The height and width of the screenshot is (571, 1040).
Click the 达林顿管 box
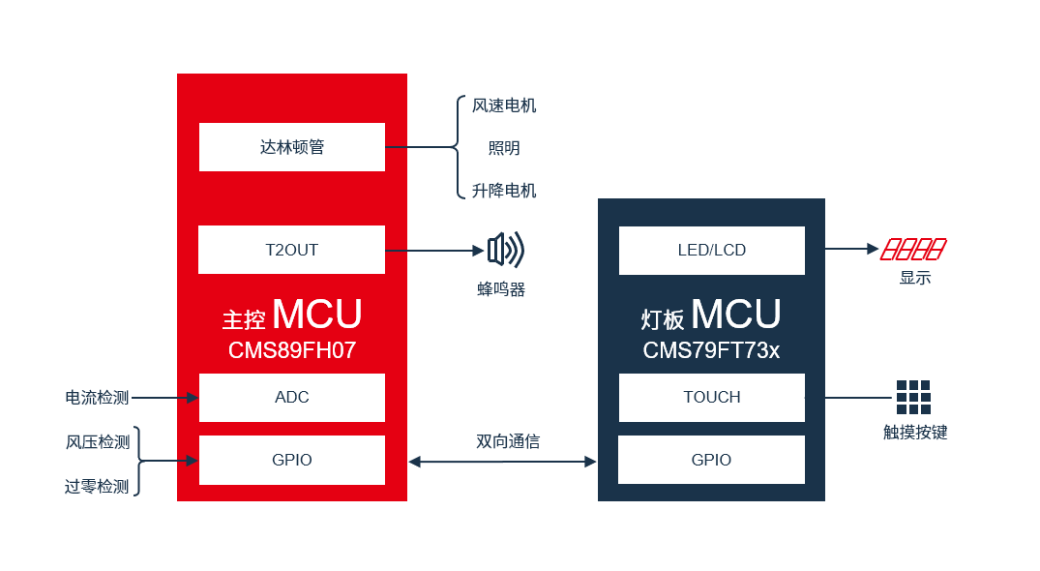point(292,147)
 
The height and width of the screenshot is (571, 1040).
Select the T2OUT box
point(292,250)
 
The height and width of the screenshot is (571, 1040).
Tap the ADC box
point(292,397)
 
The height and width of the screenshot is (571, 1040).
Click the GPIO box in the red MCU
point(292,461)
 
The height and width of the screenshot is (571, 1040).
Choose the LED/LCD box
point(712,251)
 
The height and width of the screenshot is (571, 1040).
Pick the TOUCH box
point(712,397)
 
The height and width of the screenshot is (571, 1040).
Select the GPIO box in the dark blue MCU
point(711,461)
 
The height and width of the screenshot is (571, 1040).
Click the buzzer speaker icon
point(506,250)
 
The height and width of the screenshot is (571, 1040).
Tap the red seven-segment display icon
point(913,250)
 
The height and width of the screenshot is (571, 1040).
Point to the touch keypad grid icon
point(913,397)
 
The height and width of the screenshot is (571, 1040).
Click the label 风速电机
point(504,105)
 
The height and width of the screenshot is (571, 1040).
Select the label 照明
point(504,148)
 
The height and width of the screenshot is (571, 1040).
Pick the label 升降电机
point(504,191)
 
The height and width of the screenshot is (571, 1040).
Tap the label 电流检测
point(97,398)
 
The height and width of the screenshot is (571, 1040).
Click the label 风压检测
point(98,442)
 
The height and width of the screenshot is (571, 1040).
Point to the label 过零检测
point(97,487)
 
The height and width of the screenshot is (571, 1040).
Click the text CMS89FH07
point(292,350)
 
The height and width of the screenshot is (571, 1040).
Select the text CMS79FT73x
point(711,350)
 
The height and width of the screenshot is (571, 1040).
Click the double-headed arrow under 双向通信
point(502,462)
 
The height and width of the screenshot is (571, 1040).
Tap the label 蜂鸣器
point(501,289)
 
